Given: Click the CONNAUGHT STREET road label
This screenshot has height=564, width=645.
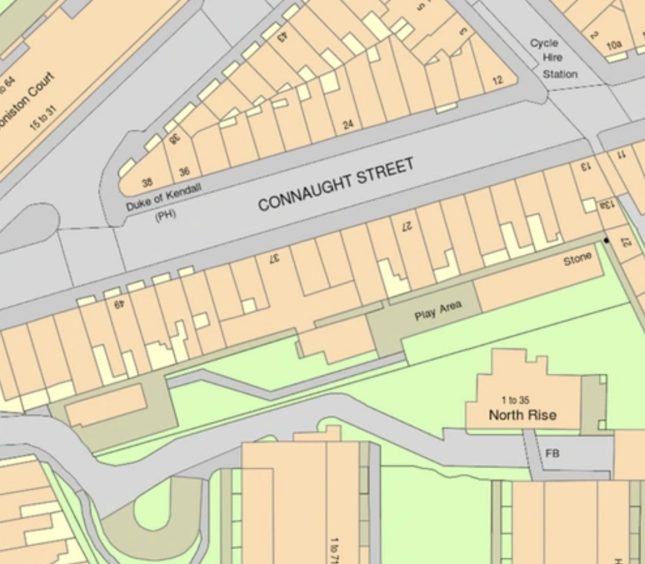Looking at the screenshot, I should click(x=336, y=185).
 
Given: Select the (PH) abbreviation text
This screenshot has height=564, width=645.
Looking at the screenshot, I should click(x=166, y=215).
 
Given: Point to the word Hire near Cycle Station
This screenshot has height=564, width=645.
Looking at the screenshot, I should click(x=552, y=58).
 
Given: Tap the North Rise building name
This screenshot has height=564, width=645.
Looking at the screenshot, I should click(x=523, y=414).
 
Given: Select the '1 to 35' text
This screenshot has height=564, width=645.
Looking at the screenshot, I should click(x=516, y=400).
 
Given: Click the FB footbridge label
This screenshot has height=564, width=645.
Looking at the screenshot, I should click(x=552, y=453).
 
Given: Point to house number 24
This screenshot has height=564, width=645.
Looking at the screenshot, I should click(x=348, y=123).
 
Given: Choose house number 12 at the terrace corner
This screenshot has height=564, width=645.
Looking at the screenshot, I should click(x=497, y=80).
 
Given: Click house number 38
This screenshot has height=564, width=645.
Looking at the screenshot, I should click(x=148, y=183).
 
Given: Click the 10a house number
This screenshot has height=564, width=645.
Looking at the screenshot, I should click(x=614, y=44).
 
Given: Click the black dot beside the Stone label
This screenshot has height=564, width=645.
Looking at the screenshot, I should click(x=606, y=239).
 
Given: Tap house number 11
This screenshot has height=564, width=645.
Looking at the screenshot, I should click(x=621, y=155).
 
